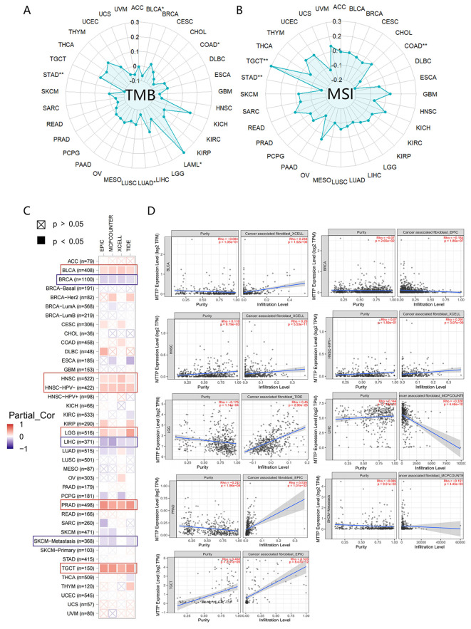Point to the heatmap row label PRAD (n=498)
(71, 485)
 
